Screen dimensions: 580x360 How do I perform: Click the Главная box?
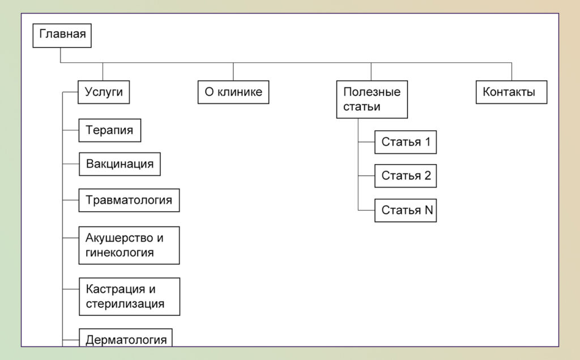tap(62, 36)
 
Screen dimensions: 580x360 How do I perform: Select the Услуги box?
tap(104, 92)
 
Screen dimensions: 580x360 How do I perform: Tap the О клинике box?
tap(233, 92)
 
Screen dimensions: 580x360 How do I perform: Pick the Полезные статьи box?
tap(372, 100)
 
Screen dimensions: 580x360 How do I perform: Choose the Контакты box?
tap(511, 92)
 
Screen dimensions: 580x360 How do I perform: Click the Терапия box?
tap(110, 130)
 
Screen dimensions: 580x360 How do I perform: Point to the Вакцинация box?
tap(120, 164)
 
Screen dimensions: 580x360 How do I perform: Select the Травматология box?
tap(129, 200)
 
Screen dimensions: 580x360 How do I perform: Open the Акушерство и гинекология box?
tap(129, 246)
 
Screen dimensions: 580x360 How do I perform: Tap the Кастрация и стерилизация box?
tap(130, 297)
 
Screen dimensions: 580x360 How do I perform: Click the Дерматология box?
tap(126, 337)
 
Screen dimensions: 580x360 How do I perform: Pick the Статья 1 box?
tap(406, 142)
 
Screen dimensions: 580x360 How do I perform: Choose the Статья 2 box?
tap(406, 176)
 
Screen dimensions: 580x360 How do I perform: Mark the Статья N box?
tap(406, 211)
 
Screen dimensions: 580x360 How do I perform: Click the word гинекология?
tap(120, 253)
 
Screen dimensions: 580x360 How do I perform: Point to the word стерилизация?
tap(125, 304)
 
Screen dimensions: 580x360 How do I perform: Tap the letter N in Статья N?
tap(429, 210)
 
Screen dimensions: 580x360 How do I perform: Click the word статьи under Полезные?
tap(362, 107)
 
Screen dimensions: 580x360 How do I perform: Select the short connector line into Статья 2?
tap(366, 176)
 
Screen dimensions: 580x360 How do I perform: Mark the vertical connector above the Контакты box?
tap(511, 72)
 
